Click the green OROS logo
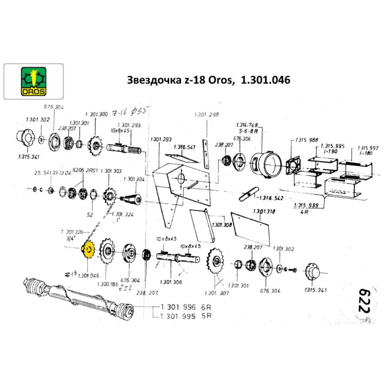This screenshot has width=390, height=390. [x=33, y=82]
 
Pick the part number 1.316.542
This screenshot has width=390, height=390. [x=272, y=199]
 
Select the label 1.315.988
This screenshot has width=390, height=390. [x=306, y=140]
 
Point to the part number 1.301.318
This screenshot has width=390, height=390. [x=264, y=211]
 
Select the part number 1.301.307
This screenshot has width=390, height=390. [x=215, y=292]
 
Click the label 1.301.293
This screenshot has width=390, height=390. [x=160, y=139]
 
